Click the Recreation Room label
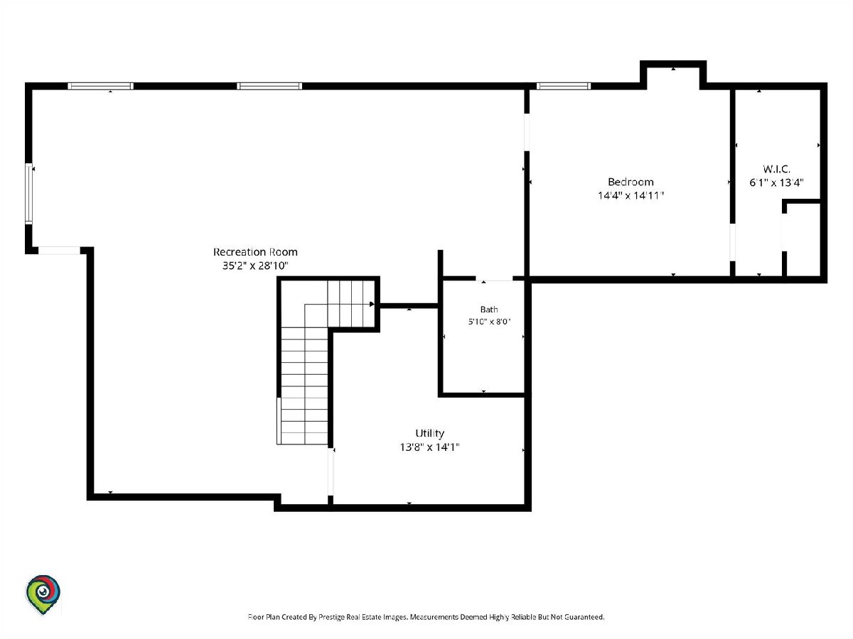point(255,252)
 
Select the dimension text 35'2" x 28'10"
point(255,266)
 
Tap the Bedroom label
point(631,182)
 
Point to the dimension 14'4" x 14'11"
point(631,195)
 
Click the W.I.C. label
point(776,169)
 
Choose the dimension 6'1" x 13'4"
point(776,182)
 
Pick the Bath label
point(489,310)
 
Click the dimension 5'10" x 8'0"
point(489,322)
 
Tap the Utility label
point(430,433)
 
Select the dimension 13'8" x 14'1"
point(430,447)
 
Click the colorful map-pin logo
point(43,594)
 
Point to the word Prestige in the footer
point(333,617)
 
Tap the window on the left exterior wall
point(28,194)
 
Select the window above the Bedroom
point(564,86)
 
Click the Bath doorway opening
point(494,278)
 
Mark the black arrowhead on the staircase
point(372,304)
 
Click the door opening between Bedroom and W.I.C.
point(733,242)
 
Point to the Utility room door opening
point(331,471)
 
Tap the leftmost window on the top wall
point(101,86)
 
